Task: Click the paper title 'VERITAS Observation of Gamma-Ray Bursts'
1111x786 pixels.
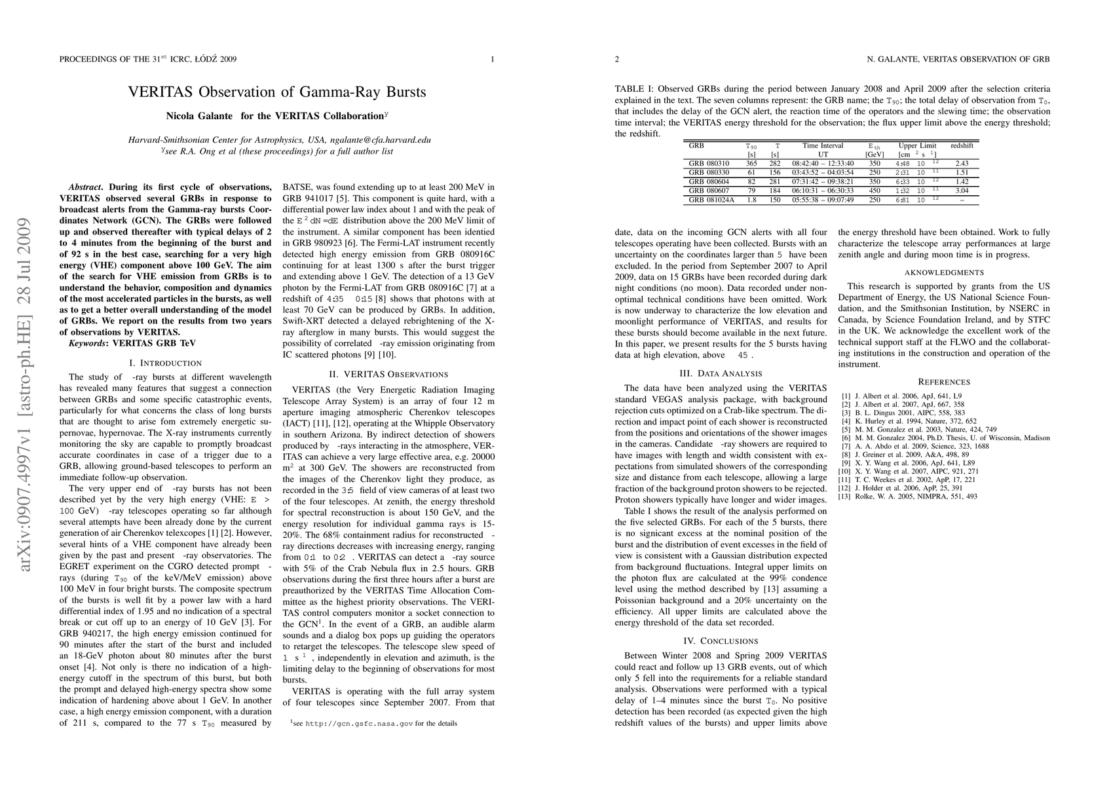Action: click(276, 92)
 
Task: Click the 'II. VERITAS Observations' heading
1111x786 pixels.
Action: click(388, 374)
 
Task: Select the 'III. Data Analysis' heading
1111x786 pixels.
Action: click(721, 373)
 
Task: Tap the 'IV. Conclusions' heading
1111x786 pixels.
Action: click(721, 641)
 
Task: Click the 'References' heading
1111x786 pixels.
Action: click(944, 382)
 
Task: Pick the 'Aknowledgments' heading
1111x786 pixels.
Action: click(944, 272)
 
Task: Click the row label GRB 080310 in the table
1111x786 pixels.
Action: click(709, 163)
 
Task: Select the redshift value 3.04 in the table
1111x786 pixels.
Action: click(962, 191)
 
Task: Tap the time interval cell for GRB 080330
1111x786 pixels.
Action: click(823, 172)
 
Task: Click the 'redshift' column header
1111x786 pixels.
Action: click(962, 145)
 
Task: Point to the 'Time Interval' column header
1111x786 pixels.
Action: click(823, 145)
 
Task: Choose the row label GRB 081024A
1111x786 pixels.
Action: click(711, 200)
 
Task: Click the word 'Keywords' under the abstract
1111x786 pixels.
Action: click(89, 343)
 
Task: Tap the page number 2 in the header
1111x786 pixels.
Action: click(617, 60)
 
